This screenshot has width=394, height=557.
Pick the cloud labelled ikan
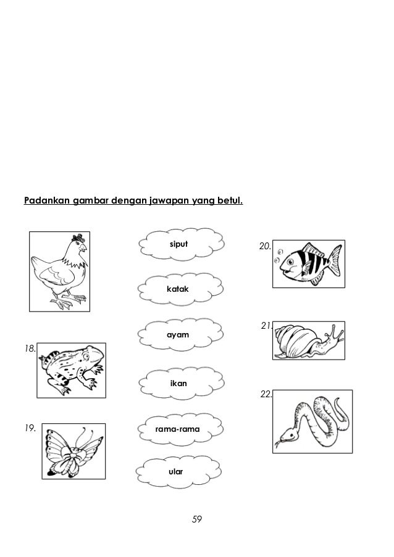178,384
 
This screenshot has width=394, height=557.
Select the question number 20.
265,247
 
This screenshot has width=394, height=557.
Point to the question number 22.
266,394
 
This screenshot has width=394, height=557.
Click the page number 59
196,519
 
